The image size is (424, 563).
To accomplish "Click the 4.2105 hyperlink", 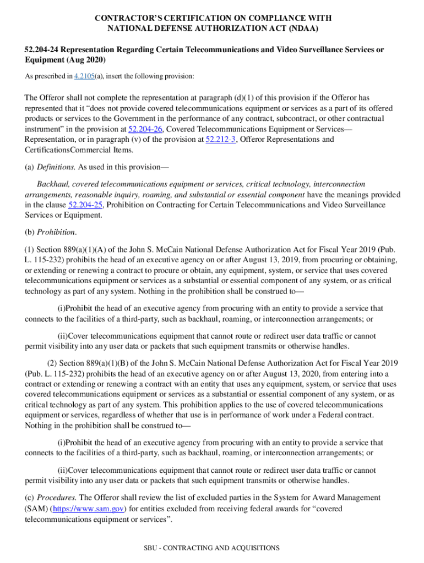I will pyautogui.click(x=84, y=76).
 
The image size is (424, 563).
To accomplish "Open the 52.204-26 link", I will pyautogui.click(x=145, y=129).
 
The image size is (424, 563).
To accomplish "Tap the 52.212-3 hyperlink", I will pyautogui.click(x=221, y=140).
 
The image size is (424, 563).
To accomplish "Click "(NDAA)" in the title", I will pyautogui.click(x=303, y=28).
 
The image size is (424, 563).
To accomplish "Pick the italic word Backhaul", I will pyautogui.click(x=53, y=184).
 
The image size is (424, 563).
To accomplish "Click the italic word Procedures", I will pyautogui.click(x=57, y=498).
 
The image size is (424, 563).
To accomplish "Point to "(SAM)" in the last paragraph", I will pyautogui.click(x=36, y=509).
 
